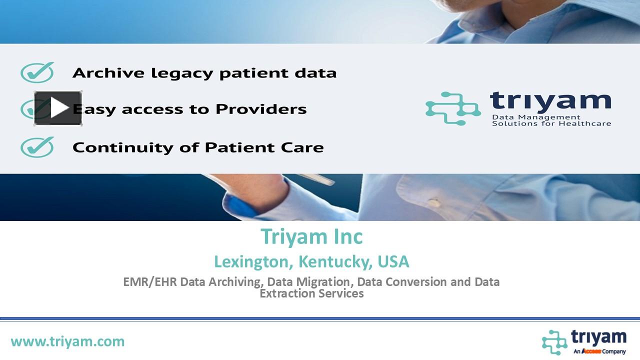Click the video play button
[x=58, y=108]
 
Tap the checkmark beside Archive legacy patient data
[x=37, y=73]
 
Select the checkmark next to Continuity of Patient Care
[x=37, y=147]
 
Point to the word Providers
[x=261, y=109]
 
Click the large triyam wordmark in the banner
[x=550, y=101]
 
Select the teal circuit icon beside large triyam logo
[x=452, y=107]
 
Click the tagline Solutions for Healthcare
[x=551, y=123]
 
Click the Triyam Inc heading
[x=311, y=236]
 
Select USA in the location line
[x=393, y=261]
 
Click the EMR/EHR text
[x=150, y=281]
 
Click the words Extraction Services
[x=311, y=293]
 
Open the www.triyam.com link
[x=67, y=341]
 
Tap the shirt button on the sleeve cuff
[x=434, y=202]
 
